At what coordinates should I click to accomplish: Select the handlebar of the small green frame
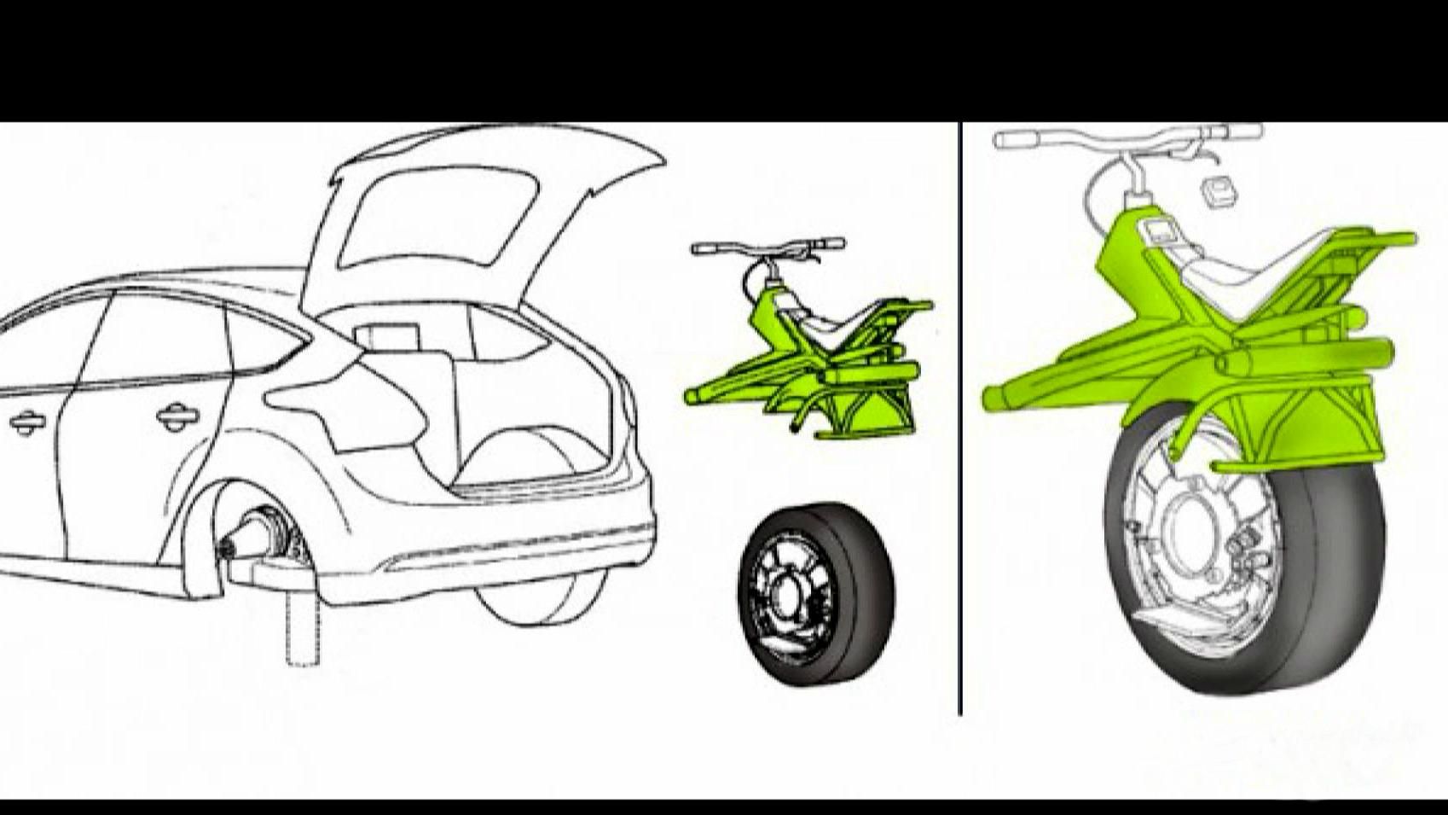click(x=767, y=247)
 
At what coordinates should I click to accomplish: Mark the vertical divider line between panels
click(x=961, y=427)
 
